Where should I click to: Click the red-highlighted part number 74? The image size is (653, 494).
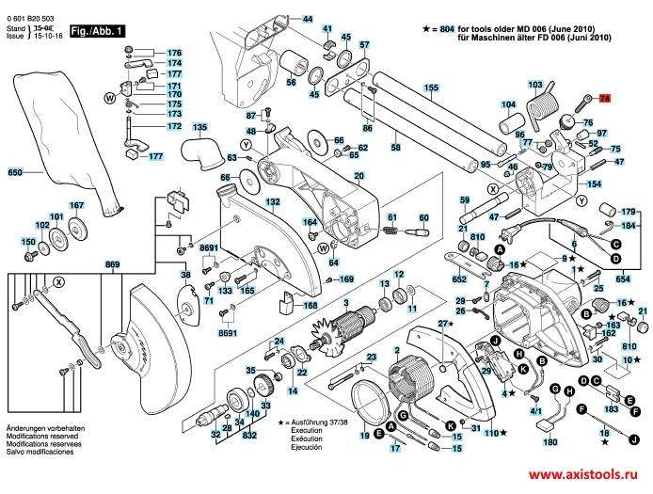(x=604, y=98)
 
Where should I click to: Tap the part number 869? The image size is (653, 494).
(x=113, y=265)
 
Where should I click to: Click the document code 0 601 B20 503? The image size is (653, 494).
(x=31, y=17)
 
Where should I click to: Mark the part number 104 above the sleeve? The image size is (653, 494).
(x=508, y=104)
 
